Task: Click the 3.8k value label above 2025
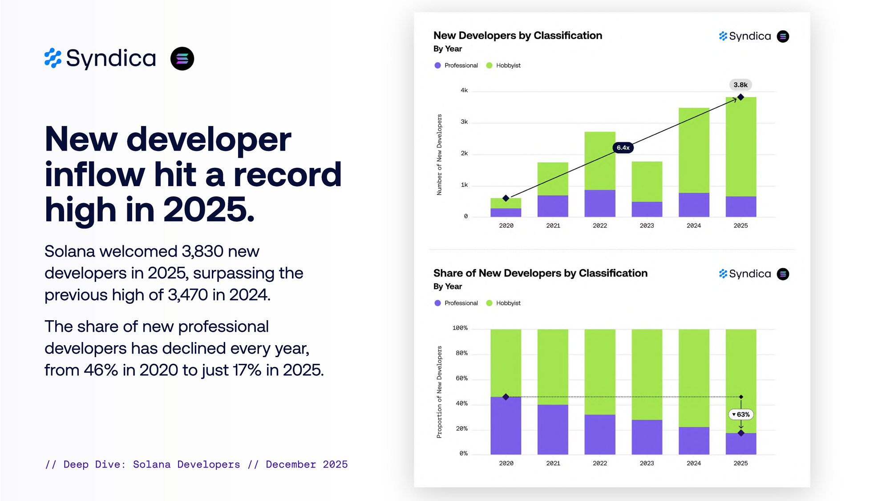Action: [740, 85]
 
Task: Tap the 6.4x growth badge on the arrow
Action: [623, 147]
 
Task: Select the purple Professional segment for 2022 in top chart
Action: [599, 203]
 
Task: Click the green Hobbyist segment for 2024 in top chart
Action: [694, 150]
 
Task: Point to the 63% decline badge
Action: [741, 415]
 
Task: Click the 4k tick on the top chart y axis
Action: [464, 90]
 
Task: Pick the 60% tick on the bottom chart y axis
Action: [461, 379]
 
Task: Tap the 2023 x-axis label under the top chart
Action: [647, 226]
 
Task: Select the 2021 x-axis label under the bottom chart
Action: [553, 464]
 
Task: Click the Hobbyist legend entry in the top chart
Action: [508, 65]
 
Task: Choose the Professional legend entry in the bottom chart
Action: [461, 303]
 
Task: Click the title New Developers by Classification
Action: [518, 36]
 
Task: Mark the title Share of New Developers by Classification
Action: [540, 273]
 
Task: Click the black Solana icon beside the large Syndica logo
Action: [182, 59]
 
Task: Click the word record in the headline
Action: [287, 175]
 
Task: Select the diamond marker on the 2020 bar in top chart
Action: [506, 198]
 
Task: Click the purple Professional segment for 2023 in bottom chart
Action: [647, 437]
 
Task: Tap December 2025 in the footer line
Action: [307, 464]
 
